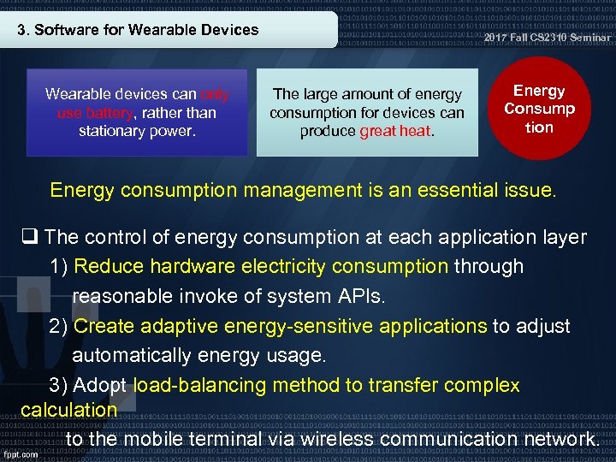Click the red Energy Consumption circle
pos(540,110)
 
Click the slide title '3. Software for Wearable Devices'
pos(139,30)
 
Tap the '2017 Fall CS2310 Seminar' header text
pos(548,38)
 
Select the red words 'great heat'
pos(396,132)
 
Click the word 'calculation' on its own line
pos(68,410)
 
